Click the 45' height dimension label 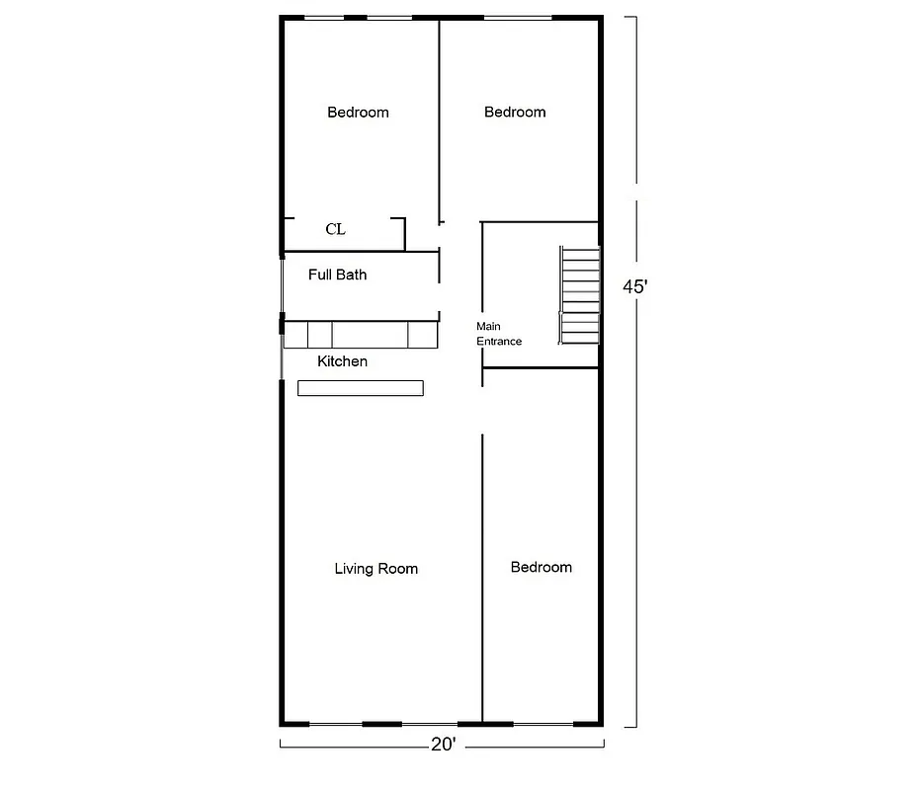634,286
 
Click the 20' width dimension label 443,745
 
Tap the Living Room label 376,568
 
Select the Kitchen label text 342,361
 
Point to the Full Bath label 337,275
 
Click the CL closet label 335,229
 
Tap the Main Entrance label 498,334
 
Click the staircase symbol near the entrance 580,295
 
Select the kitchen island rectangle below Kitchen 360,388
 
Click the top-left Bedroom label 358,112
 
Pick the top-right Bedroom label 515,112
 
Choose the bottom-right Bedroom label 541,567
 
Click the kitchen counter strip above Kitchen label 360,335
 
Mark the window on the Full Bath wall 283,285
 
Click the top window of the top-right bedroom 518,18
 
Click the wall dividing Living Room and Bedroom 482,573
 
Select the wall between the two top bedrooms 439,118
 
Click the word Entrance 498,341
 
